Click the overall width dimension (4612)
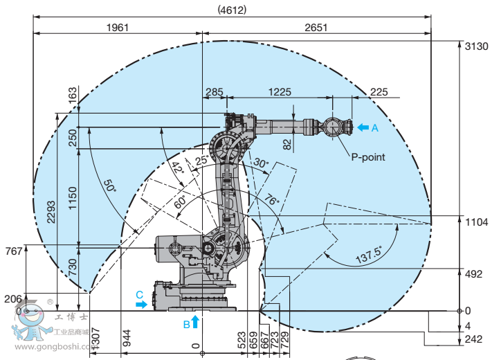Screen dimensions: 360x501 [x=232, y=10]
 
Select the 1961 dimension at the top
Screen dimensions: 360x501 [x=118, y=28]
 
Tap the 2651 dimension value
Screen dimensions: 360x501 [x=315, y=28]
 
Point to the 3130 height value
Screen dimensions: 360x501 [x=478, y=45]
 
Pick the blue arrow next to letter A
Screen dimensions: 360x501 [x=363, y=127]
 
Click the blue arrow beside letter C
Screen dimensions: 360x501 [x=142, y=303]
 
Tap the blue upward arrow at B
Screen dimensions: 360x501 [x=195, y=321]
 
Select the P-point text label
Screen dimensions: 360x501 [x=368, y=157]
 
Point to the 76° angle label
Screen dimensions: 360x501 [x=271, y=201]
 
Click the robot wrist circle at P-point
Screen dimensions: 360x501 [x=332, y=127]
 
